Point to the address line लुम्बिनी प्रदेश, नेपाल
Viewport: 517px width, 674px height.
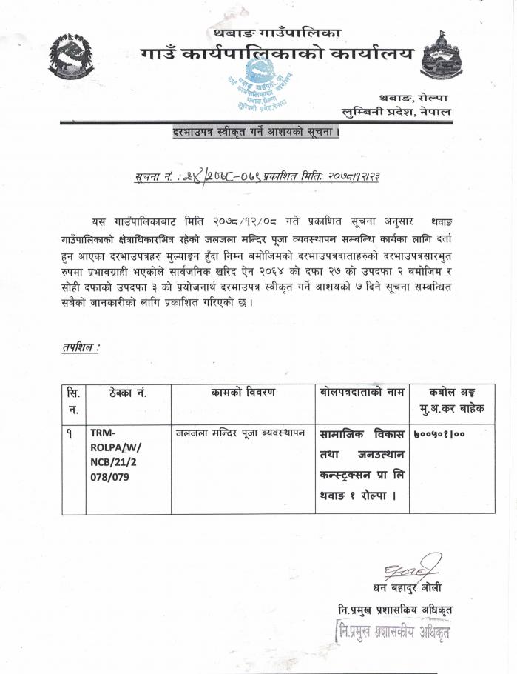pos(396,111)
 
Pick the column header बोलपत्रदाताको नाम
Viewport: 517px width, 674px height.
pos(359,393)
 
